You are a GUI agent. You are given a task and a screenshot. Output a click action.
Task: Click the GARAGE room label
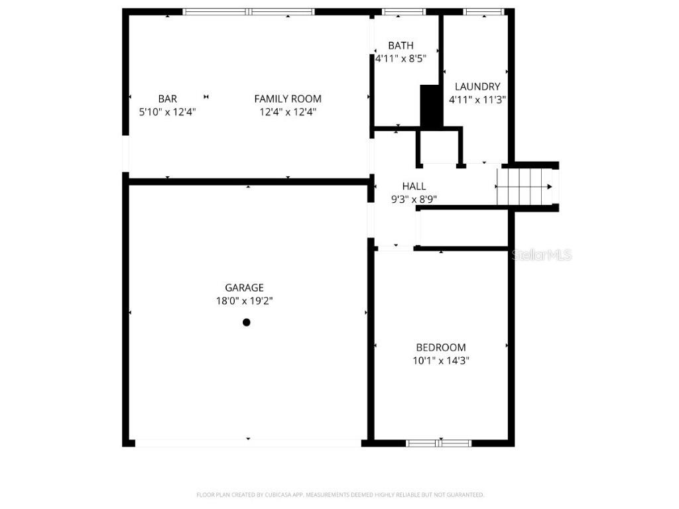[x=244, y=288]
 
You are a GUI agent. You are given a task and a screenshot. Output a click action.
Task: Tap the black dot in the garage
[x=247, y=323]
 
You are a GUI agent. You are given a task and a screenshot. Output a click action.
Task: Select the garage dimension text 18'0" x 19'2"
[x=244, y=301]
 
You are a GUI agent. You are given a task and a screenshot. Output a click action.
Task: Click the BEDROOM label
[x=440, y=347]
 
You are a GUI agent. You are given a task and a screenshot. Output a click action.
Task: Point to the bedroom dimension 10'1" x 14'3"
[x=440, y=361]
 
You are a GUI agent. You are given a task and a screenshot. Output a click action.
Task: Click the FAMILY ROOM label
[x=288, y=99]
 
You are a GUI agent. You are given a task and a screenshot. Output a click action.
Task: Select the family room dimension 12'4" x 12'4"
[x=288, y=112]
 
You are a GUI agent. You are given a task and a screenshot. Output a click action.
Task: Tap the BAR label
[x=167, y=99]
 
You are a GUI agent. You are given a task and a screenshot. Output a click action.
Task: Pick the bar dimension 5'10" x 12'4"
[x=167, y=112]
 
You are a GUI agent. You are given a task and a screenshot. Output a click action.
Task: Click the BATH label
[x=401, y=45]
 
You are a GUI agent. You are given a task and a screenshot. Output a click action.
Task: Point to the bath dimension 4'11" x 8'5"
[x=401, y=58]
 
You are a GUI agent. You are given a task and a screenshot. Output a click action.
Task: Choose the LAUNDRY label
[x=477, y=86]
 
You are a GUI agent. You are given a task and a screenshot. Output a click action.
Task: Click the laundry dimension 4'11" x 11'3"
[x=477, y=100]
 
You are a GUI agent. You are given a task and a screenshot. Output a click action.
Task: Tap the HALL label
[x=414, y=186]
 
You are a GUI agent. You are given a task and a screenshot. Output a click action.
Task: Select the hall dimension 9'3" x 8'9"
[x=414, y=199]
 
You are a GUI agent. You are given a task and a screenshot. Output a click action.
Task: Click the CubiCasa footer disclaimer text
[x=339, y=494]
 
